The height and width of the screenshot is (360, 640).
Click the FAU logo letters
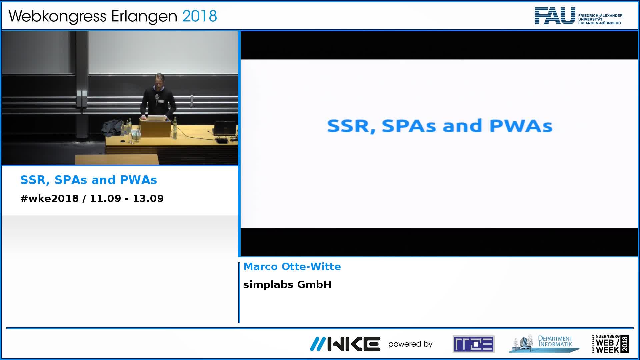[555, 16]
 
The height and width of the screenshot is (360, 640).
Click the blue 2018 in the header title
[200, 16]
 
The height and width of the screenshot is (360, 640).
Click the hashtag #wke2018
[50, 198]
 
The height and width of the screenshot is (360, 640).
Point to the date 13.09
[148, 198]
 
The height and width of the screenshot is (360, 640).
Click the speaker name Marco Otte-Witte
[292, 266]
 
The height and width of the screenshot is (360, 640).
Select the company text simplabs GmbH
[287, 284]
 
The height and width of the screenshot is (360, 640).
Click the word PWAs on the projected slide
[521, 126]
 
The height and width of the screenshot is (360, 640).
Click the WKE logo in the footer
[345, 344]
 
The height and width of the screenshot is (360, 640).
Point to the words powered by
[410, 344]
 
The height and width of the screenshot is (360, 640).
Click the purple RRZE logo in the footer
[473, 344]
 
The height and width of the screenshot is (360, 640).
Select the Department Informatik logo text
[555, 341]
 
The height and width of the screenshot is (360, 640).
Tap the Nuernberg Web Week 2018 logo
[611, 344]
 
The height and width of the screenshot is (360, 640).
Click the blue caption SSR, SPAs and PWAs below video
[89, 180]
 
